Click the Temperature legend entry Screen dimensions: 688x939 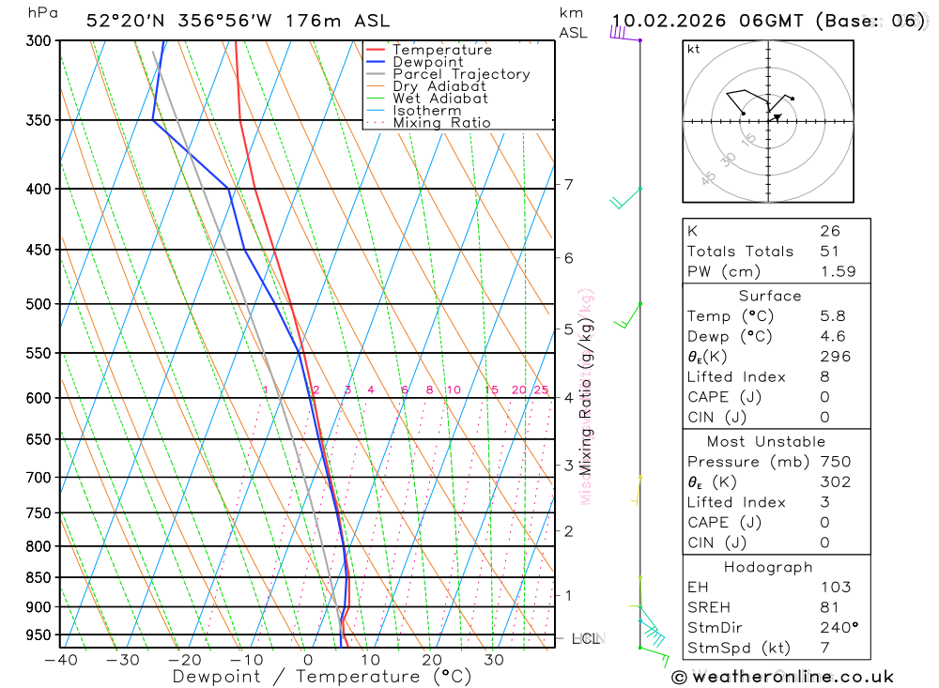[441, 50]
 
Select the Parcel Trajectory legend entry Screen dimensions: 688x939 [461, 74]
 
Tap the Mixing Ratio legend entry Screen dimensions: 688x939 [441, 123]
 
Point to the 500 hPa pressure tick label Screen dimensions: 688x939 [39, 304]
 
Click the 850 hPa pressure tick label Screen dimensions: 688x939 [39, 577]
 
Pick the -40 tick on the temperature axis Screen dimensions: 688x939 [60, 660]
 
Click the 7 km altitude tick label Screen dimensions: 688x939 [569, 184]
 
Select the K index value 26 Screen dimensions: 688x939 [829, 231]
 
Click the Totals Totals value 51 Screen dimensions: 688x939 [829, 252]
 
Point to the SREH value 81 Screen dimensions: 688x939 [829, 607]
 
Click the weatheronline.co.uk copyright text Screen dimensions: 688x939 [783, 677]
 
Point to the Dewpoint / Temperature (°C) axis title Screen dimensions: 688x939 [322, 677]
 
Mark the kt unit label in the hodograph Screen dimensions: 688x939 [693, 49]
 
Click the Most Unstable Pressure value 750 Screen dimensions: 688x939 [835, 462]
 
